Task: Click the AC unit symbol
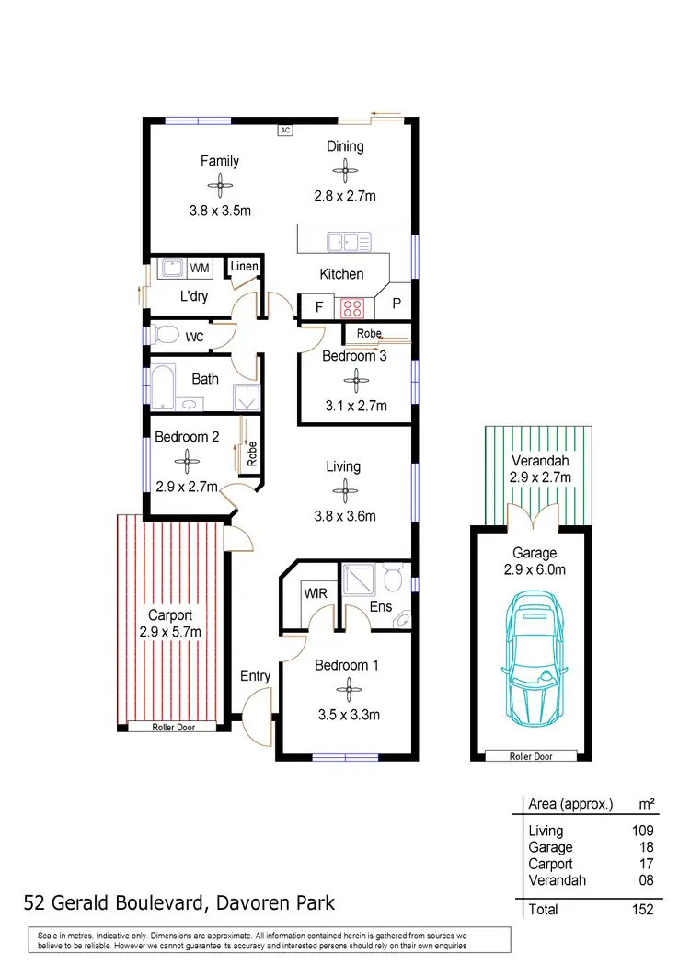click(285, 131)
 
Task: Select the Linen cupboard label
click(245, 267)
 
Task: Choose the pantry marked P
click(397, 304)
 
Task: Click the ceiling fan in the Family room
click(220, 186)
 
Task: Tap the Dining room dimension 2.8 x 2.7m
click(345, 195)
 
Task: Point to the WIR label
click(316, 594)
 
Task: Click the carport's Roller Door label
click(173, 727)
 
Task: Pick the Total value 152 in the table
click(642, 909)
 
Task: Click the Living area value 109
click(642, 831)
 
